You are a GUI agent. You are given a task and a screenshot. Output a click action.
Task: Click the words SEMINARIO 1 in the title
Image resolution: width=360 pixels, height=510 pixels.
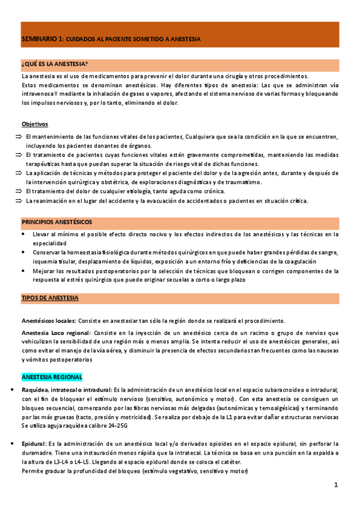[41, 38]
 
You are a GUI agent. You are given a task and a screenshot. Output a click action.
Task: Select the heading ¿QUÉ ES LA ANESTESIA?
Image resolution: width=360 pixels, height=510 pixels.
[55, 64]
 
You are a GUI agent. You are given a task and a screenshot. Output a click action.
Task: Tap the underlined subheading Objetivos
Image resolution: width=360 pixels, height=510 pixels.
[34, 124]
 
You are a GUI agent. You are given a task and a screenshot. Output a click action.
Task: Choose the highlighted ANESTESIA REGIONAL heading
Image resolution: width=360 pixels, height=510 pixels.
[52, 377]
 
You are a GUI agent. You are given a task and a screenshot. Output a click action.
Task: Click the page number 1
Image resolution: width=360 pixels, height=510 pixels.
[337, 485]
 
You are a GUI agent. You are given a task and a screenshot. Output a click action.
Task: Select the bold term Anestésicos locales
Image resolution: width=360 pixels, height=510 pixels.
[49, 321]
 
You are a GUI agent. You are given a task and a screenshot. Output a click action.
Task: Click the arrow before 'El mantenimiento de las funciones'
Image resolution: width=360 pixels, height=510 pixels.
[17, 137]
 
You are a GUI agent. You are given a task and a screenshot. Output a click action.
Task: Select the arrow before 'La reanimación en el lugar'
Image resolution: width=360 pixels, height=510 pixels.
[17, 201]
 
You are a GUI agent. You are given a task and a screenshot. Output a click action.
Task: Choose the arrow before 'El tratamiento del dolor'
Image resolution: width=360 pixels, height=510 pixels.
[17, 191]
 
